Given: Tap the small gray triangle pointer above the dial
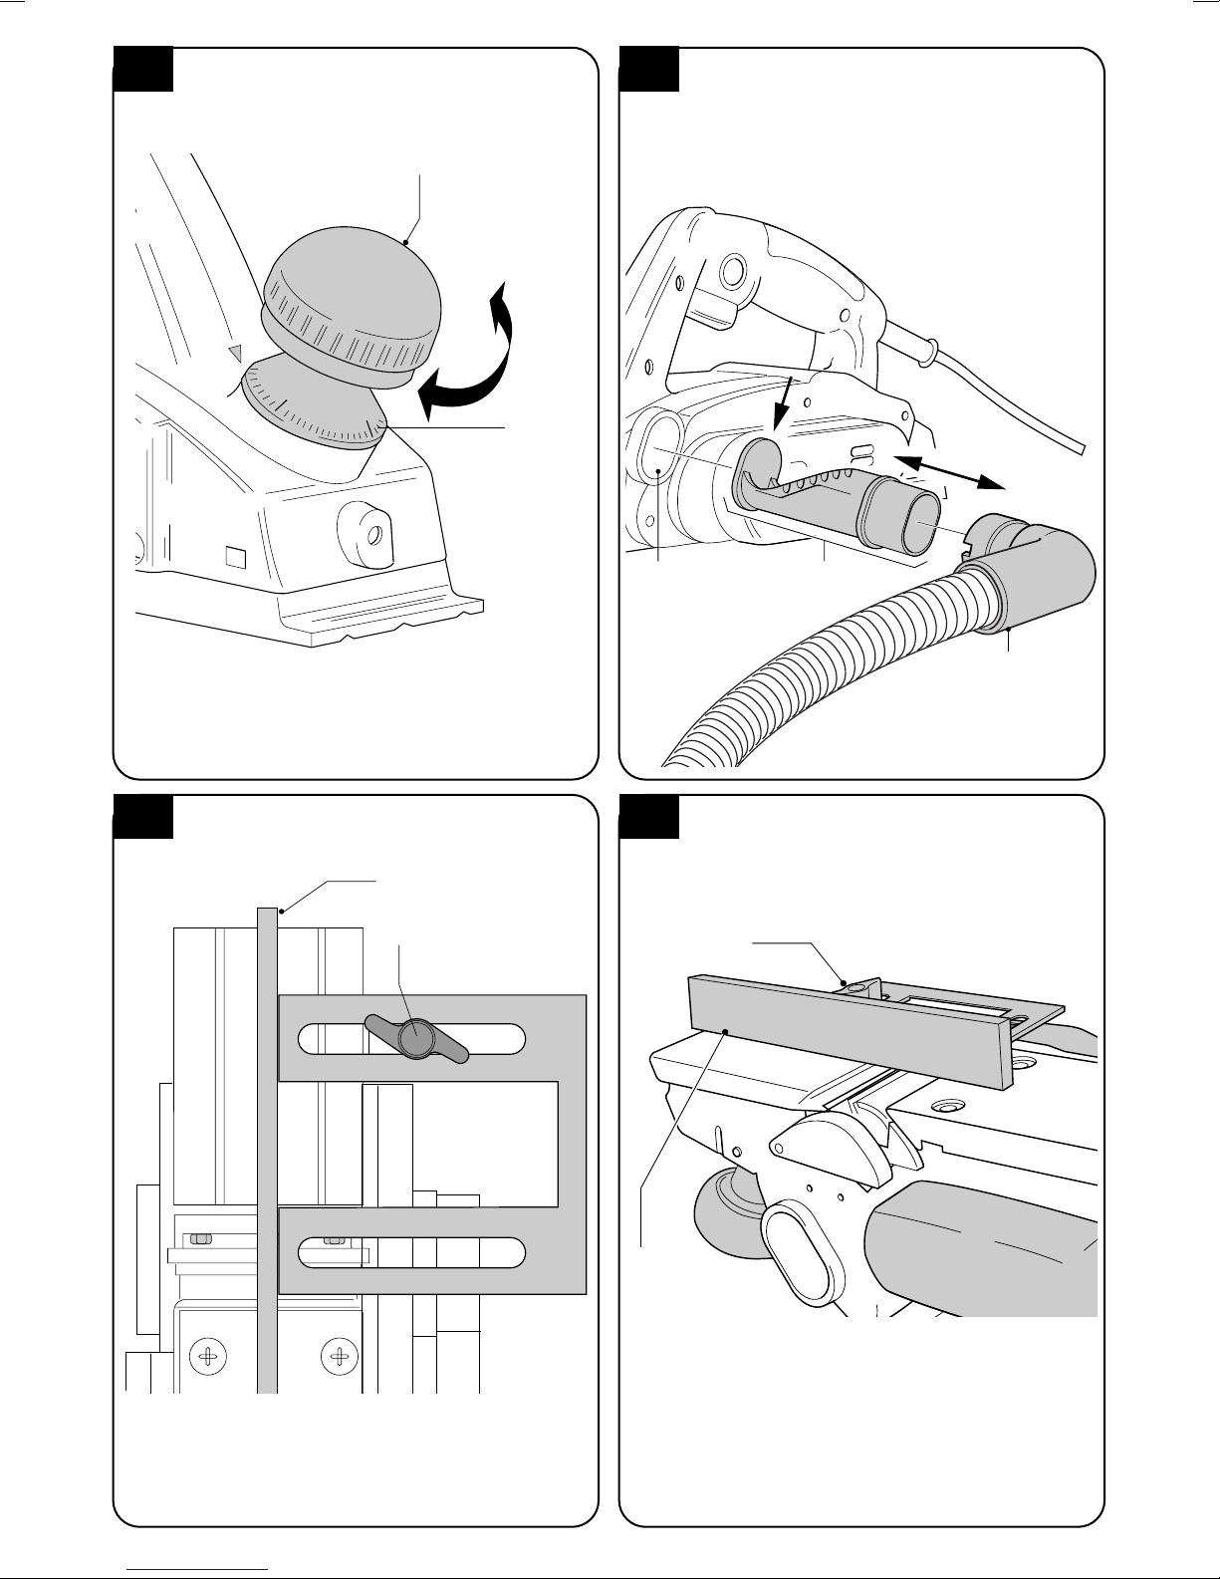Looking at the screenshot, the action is click(x=235, y=352).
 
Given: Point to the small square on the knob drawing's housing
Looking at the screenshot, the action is click(x=234, y=553).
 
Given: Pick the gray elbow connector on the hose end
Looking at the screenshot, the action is click(x=1036, y=568).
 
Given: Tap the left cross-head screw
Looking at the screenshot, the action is click(x=208, y=1357).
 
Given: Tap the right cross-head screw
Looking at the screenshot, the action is click(x=341, y=1357).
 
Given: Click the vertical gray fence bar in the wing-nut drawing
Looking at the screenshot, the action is click(x=267, y=1146).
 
